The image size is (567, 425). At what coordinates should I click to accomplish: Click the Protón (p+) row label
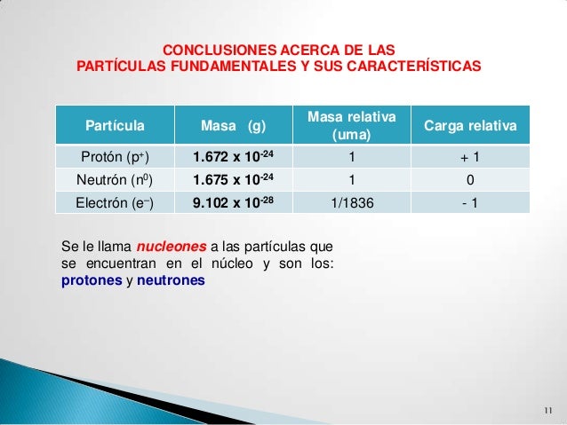coord(115,158)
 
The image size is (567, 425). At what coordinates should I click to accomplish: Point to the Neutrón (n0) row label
coord(115,180)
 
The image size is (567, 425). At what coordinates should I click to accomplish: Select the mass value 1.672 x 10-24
coord(235,158)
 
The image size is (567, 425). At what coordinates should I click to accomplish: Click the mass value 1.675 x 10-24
coord(235,180)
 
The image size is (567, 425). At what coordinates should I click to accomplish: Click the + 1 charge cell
coord(470,158)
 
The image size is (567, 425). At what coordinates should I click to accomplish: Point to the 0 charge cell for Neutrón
coord(470,180)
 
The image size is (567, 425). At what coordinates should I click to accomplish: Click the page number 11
coord(547,410)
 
